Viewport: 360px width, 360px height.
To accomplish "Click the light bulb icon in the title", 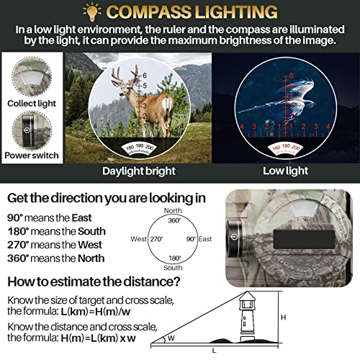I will [93, 12].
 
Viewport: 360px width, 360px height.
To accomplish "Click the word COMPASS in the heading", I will [152, 12].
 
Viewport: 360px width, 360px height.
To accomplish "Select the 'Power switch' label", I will [31, 155].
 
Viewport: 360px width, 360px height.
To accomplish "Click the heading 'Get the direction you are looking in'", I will [105, 198].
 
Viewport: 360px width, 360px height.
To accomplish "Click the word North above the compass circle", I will [173, 211].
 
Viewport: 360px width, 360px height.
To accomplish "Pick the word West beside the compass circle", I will [138, 239].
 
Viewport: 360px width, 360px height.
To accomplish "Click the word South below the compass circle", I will [173, 267].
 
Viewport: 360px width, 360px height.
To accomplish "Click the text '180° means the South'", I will [56, 231].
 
